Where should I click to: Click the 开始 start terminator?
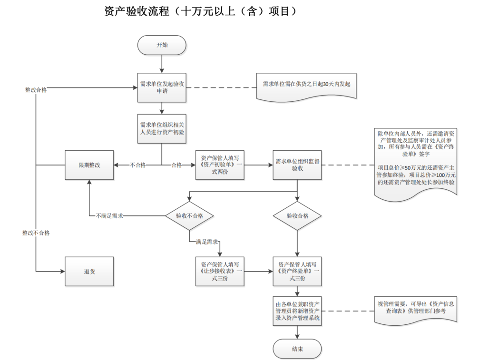click(x=162, y=45)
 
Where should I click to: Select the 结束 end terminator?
click(x=297, y=349)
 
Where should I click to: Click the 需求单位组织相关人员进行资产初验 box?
click(x=162, y=129)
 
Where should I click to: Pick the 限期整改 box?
click(x=89, y=165)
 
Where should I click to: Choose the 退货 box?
click(x=89, y=272)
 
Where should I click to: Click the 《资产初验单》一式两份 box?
click(x=219, y=165)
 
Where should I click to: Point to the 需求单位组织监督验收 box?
click(x=297, y=165)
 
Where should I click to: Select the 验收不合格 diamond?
click(x=189, y=215)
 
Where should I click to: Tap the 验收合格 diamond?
click(x=297, y=215)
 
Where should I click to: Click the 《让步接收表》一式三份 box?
click(x=219, y=272)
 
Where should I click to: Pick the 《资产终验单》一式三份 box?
click(x=297, y=272)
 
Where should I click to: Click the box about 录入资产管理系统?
click(x=297, y=311)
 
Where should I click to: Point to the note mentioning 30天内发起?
click(x=306, y=85)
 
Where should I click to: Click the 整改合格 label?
click(x=36, y=90)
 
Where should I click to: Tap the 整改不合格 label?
click(x=36, y=233)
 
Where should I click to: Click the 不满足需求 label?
click(x=109, y=216)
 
